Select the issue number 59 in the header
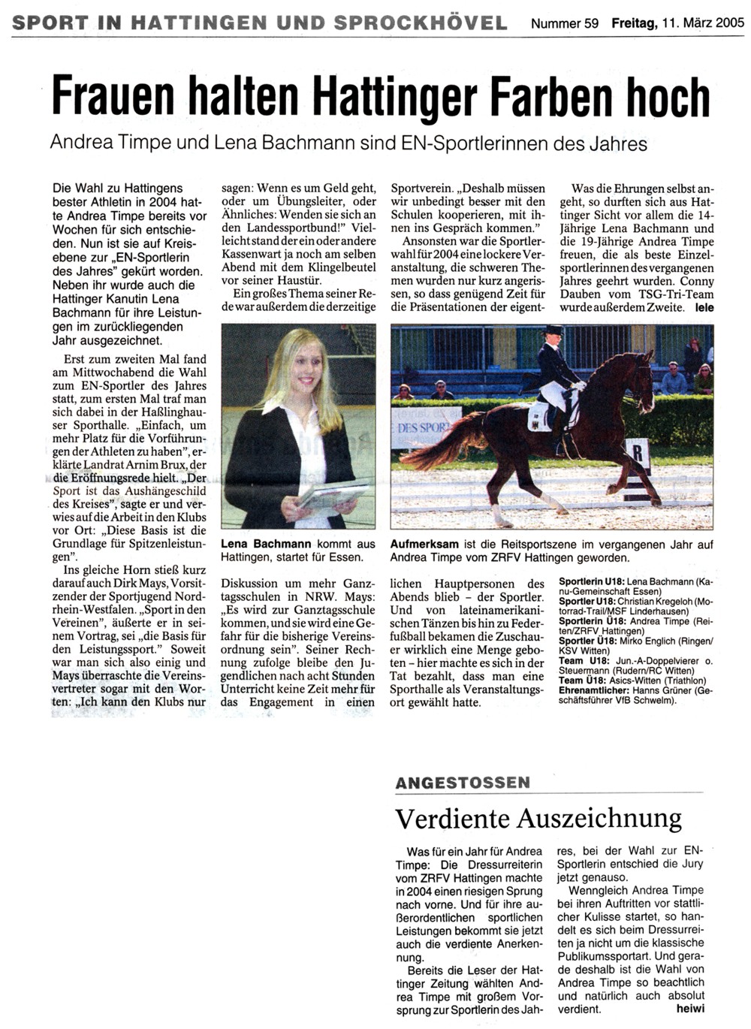coord(591,23)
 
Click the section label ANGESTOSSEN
coord(463,783)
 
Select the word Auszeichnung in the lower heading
coord(596,818)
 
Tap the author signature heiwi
coord(690,1009)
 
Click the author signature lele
coord(704,307)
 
